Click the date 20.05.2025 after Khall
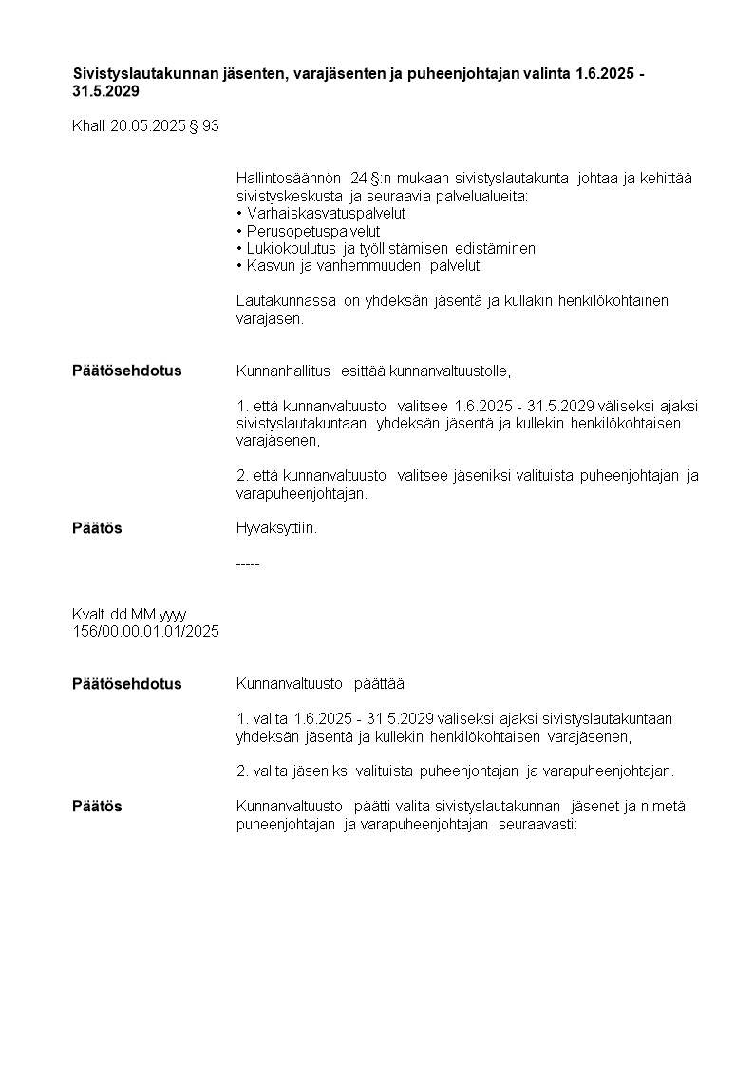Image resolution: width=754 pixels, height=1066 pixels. (x=148, y=125)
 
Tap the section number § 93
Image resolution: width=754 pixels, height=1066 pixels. (x=205, y=125)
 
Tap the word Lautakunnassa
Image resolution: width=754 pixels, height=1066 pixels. (x=286, y=301)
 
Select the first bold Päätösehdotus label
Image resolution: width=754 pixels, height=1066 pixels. (x=126, y=371)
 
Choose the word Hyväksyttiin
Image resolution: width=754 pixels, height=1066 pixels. (x=276, y=528)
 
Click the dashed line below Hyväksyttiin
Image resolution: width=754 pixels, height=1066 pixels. (x=247, y=564)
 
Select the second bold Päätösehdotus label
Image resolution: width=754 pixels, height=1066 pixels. (x=126, y=684)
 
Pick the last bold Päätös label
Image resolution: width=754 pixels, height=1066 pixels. (x=97, y=807)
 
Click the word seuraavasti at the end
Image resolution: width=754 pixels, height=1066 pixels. (x=537, y=825)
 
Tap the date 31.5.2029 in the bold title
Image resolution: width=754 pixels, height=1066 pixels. (x=105, y=92)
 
